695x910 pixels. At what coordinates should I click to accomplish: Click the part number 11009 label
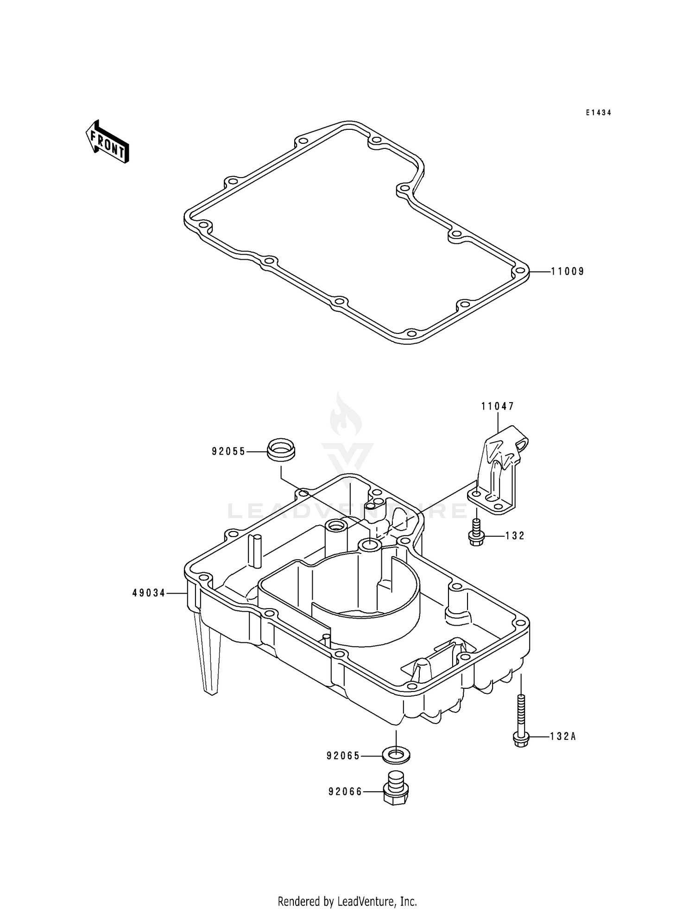click(567, 272)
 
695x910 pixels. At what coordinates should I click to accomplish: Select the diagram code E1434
click(598, 113)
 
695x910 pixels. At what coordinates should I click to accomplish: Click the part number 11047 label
click(498, 407)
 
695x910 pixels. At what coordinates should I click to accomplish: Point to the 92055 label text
click(228, 451)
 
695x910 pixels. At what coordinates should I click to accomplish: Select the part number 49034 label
click(149, 593)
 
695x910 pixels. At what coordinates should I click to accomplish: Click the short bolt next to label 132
click(474, 533)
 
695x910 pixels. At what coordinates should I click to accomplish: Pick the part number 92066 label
click(345, 792)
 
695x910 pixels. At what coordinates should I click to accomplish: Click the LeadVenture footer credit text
click(347, 889)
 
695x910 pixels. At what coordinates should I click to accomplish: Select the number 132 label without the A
click(514, 536)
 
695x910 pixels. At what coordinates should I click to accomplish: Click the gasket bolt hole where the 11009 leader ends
click(519, 272)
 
